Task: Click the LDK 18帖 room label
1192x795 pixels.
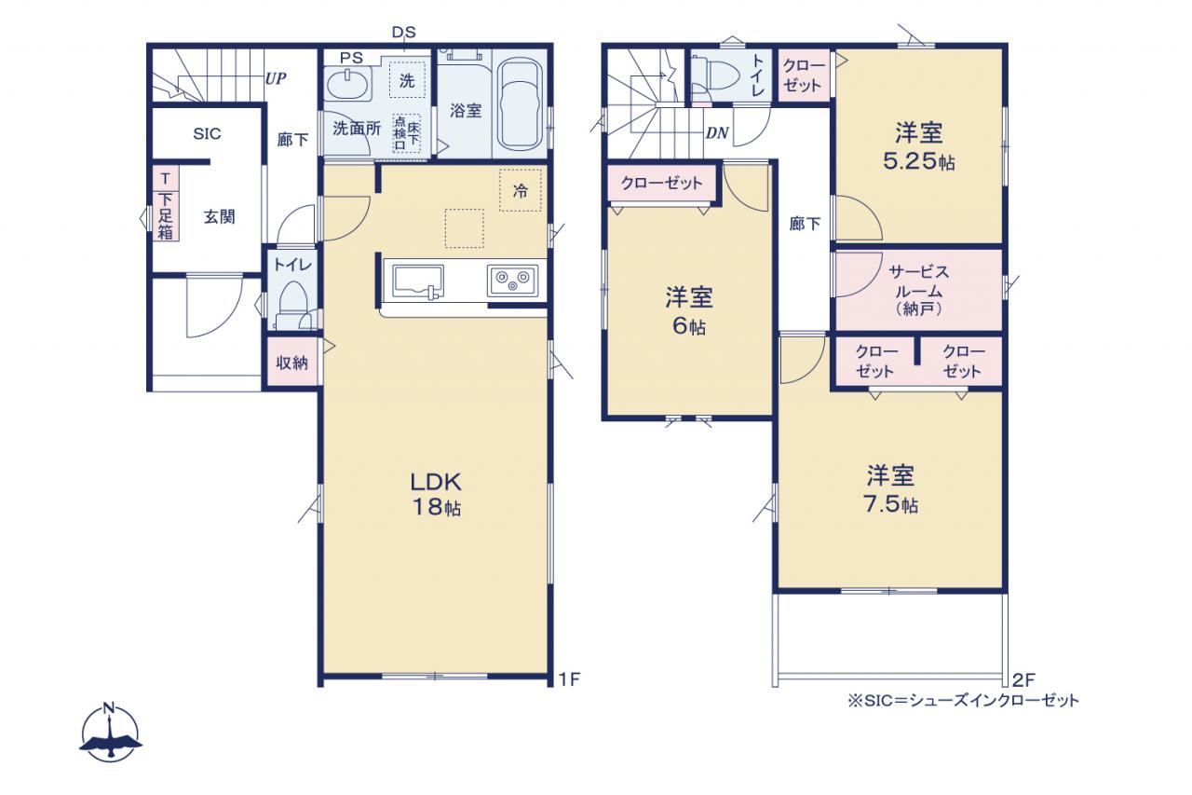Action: [436, 494]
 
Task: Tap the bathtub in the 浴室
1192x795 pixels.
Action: [521, 104]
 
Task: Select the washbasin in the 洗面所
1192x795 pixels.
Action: [348, 85]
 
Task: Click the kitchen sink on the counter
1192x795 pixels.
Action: [418, 281]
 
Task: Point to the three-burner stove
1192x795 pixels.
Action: [512, 281]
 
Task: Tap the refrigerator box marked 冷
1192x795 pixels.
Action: [520, 190]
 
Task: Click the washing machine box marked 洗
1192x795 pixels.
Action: [407, 80]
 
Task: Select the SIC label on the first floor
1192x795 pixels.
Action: [207, 133]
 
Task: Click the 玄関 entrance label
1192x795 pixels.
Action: [219, 217]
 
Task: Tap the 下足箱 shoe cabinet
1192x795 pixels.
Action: [166, 205]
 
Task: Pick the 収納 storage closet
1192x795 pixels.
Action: [291, 363]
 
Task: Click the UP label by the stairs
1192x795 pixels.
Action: [276, 79]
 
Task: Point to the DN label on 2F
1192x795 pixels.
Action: [717, 133]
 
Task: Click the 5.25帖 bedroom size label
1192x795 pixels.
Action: [919, 161]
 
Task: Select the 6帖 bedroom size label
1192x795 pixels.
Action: [689, 326]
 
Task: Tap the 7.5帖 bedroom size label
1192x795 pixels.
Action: [890, 504]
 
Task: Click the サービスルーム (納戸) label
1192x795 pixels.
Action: [918, 291]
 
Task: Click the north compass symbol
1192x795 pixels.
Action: [110, 733]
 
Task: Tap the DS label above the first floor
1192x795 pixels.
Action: [403, 33]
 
